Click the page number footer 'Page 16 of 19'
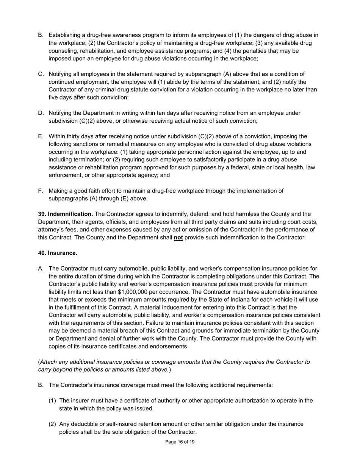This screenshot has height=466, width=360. tap(180, 442)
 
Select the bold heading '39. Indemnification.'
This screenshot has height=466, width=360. tap(66, 214)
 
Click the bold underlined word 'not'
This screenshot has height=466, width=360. tap(178, 238)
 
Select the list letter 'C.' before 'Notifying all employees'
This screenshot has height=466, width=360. tap(41, 74)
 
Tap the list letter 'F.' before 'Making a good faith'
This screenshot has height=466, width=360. tap(41, 191)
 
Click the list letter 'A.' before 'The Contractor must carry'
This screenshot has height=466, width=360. tap(41, 269)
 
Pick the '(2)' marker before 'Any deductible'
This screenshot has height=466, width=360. tap(53, 424)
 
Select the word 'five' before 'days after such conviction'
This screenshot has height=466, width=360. tap(55, 97)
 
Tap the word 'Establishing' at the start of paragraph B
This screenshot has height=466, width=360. tap(66, 35)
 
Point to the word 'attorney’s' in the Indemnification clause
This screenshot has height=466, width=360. tap(52, 230)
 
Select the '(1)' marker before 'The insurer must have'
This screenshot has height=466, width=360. tap(53, 400)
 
